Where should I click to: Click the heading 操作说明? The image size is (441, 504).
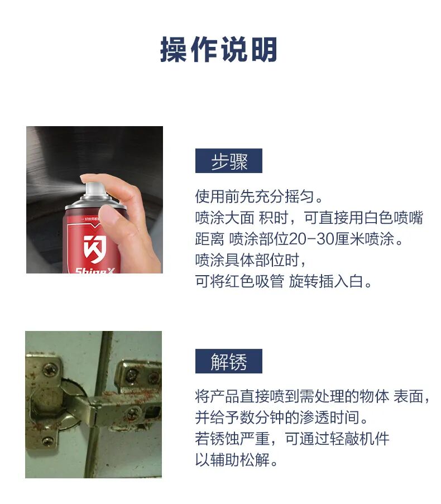click(219, 49)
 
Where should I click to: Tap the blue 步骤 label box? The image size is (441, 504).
click(228, 161)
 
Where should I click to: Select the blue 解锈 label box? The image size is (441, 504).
click(228, 361)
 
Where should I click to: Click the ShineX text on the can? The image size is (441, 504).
click(95, 271)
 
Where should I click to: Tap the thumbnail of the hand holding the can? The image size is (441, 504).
click(94, 200)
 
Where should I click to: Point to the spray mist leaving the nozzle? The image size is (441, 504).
click(56, 190)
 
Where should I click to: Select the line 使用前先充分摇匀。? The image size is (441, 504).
click(259, 196)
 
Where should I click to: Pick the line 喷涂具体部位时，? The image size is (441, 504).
click(251, 260)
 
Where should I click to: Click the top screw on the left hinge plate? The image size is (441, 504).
click(50, 369)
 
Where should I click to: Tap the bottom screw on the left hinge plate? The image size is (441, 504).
click(47, 441)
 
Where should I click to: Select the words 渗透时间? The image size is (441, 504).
click(329, 417)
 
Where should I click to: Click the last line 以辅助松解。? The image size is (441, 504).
click(236, 460)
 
